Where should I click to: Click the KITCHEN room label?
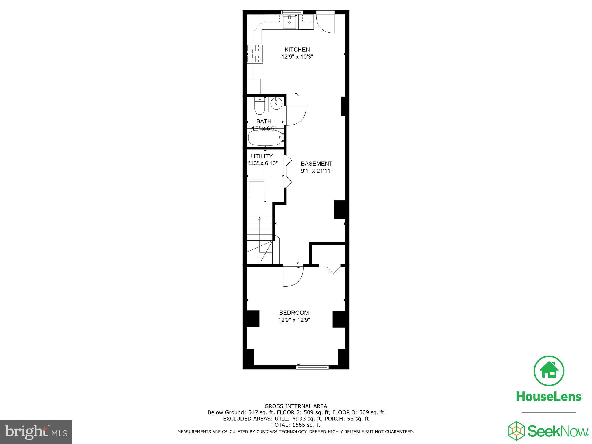(x=297, y=50)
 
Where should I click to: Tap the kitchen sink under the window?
(x=289, y=22)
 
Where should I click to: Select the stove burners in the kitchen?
(x=255, y=53)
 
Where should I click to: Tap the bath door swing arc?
(x=295, y=116)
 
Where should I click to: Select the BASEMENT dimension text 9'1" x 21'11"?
(x=317, y=171)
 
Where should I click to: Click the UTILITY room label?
(x=262, y=156)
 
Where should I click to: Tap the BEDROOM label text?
(x=294, y=313)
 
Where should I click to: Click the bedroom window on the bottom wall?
(x=312, y=367)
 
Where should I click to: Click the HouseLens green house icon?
(x=548, y=371)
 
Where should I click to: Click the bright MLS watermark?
(x=36, y=432)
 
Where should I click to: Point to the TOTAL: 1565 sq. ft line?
(x=296, y=425)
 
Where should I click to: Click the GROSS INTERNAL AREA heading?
(x=296, y=406)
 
